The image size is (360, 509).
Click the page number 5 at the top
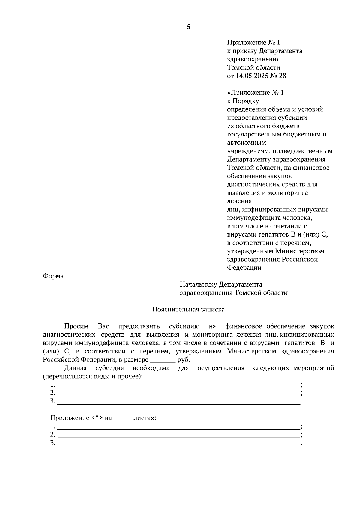tap(188, 27)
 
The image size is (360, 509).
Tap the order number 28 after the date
tap(283, 76)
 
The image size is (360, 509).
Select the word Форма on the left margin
tap(53, 276)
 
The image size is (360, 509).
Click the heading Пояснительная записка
tap(188, 309)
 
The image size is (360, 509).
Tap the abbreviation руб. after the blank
tap(184, 360)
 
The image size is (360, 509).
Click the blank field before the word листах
tap(123, 418)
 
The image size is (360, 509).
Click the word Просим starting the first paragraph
tap(76, 326)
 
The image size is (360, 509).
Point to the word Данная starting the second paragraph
tap(75, 368)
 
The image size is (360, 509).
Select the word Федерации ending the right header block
tap(244, 268)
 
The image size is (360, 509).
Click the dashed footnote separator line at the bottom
tap(88, 460)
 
